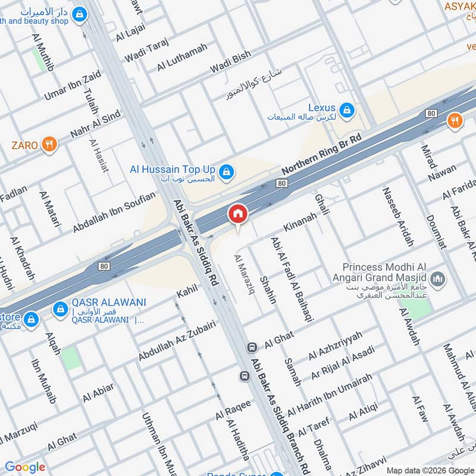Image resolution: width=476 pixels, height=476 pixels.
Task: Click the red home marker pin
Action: [x=237, y=213]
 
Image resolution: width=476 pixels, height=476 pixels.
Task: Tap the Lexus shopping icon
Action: [x=347, y=109]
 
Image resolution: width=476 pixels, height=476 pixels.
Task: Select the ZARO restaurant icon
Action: [x=49, y=144]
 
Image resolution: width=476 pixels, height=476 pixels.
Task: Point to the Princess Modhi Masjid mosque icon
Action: [x=438, y=278]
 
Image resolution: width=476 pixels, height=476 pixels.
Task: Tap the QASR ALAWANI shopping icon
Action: [x=59, y=309]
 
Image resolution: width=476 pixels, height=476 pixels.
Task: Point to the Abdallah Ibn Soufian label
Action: [x=114, y=212]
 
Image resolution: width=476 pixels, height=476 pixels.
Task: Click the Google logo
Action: [x=25, y=467]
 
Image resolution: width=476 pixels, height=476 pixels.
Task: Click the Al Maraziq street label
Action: [x=245, y=273]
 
